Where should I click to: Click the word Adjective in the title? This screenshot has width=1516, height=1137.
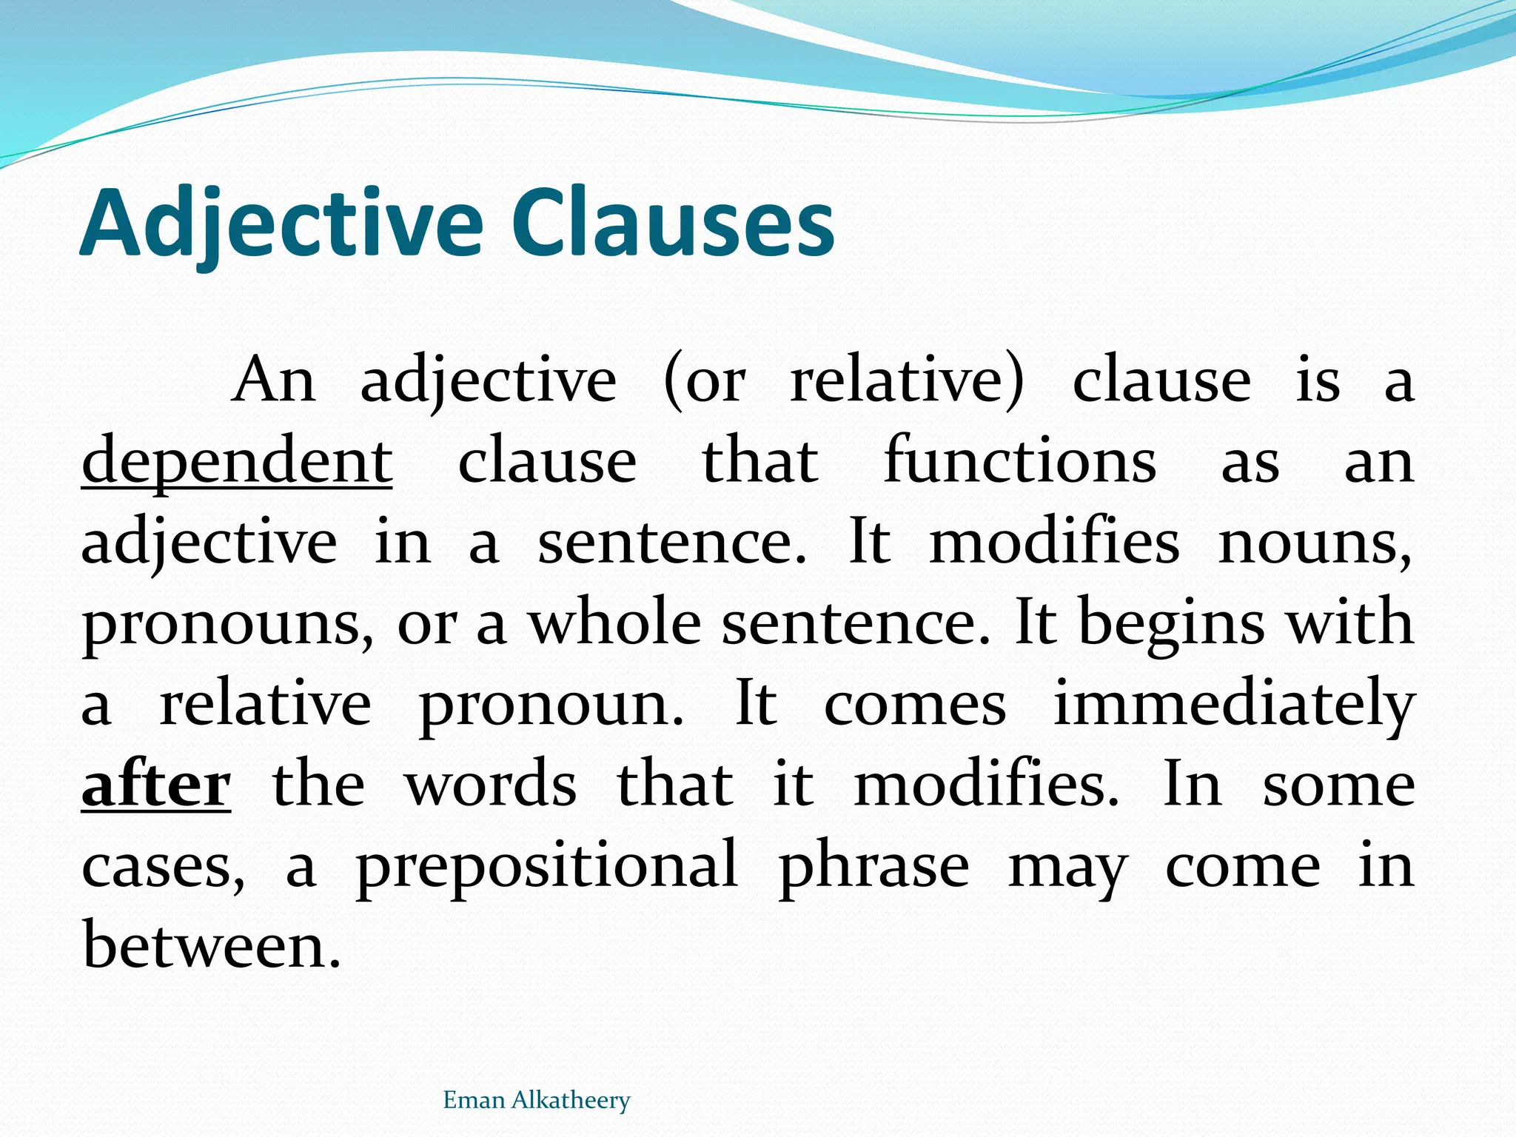pos(281,224)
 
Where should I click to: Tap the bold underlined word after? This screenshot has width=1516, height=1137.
pos(156,785)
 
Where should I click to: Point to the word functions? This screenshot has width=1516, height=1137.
pos(1020,460)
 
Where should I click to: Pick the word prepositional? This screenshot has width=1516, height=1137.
pos(547,866)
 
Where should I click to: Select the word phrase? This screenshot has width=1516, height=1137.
pos(874,866)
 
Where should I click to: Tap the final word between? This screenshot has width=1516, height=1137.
pos(212,945)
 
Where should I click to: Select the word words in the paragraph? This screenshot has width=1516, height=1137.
pos(491,785)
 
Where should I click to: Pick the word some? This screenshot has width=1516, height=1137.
pos(1338,785)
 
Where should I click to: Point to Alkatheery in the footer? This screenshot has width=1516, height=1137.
pos(571,1100)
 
